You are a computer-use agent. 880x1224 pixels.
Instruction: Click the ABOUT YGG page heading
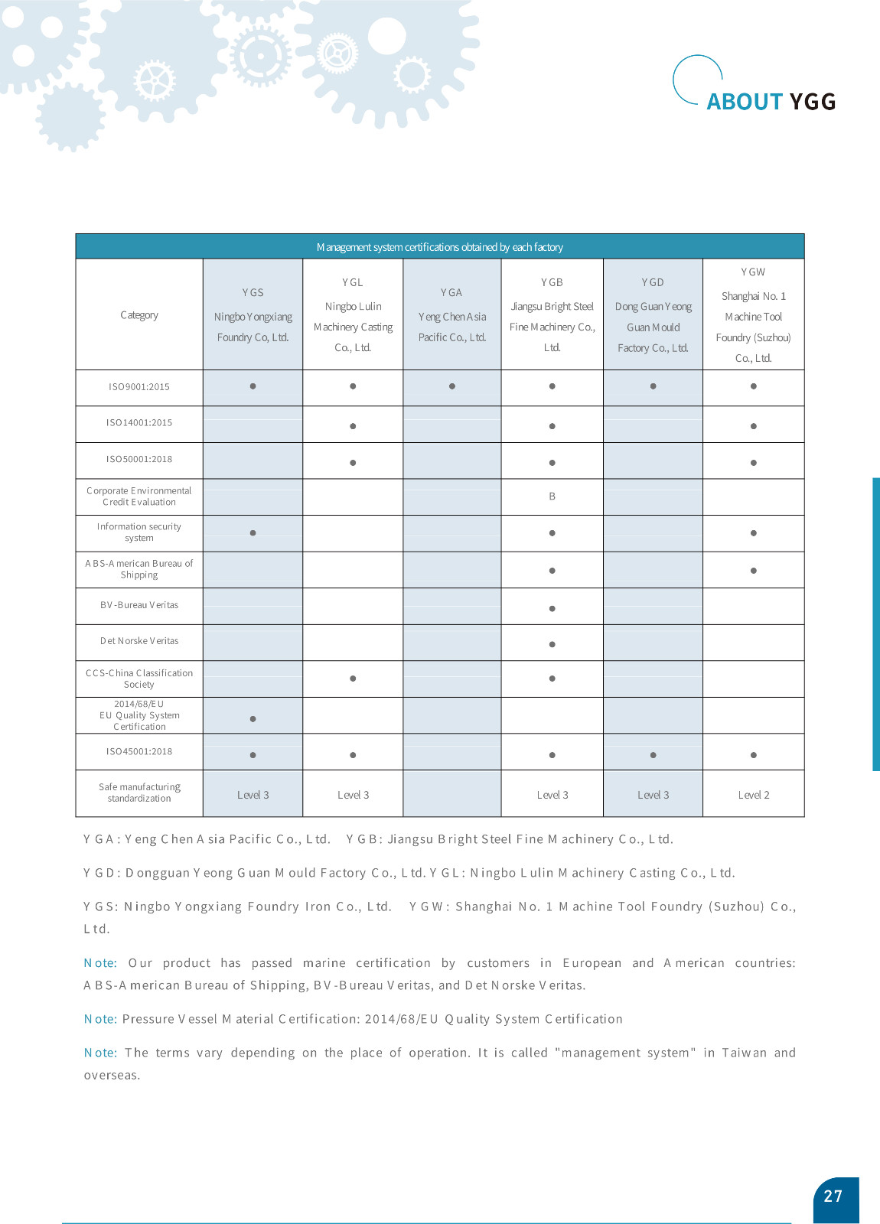770,101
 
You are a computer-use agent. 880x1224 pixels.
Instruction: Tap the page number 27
833,1196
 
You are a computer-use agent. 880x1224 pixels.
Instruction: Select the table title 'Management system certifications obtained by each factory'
439,247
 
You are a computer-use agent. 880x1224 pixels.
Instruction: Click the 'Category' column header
139,315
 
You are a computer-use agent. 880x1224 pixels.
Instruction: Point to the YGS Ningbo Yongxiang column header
253,315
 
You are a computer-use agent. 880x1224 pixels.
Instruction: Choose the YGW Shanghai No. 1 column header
753,315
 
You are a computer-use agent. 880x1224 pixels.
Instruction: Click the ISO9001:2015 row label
139,387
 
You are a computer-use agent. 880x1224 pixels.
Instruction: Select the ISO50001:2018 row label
139,459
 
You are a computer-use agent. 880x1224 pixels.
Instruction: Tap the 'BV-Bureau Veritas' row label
139,605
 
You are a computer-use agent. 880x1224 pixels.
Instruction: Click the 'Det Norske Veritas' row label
139,641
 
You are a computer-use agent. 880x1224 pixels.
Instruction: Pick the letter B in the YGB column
552,496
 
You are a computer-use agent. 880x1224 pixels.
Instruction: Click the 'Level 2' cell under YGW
753,795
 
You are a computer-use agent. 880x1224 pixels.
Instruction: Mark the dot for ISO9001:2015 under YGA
452,386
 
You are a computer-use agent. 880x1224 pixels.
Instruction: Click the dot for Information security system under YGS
253,533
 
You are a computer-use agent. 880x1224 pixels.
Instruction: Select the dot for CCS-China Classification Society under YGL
353,679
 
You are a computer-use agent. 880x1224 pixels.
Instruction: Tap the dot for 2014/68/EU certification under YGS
253,719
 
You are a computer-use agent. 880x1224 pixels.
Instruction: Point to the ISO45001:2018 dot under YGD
653,755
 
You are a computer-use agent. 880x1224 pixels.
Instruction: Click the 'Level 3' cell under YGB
552,795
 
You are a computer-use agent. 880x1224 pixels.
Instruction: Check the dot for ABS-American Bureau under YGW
753,571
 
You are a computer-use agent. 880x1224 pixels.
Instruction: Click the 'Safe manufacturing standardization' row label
139,793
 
